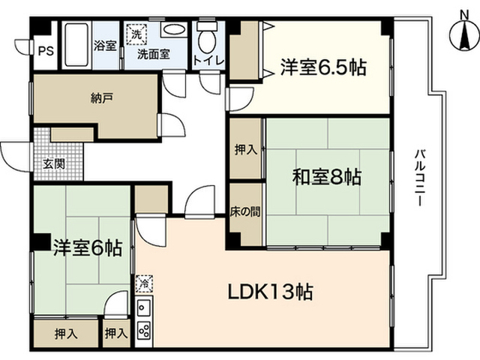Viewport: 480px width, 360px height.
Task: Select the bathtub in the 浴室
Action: pos(75,45)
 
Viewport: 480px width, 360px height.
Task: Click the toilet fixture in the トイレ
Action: pos(206,37)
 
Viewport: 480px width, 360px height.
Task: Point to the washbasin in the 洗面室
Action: pos(175,31)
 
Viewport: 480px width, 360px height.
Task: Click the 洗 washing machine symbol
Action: pos(137,34)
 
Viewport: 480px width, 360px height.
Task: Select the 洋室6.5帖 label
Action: pos(323,67)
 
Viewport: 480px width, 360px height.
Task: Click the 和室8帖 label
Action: pos(327,178)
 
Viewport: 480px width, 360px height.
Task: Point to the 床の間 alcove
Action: pos(245,212)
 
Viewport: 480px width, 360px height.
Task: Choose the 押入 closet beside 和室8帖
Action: pos(245,148)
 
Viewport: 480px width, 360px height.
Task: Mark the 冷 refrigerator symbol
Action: pos(142,283)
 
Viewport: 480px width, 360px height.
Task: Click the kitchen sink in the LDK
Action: pos(144,307)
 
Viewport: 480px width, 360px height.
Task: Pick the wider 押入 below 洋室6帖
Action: pos(66,332)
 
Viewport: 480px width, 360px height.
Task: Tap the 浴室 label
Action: pos(104,46)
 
